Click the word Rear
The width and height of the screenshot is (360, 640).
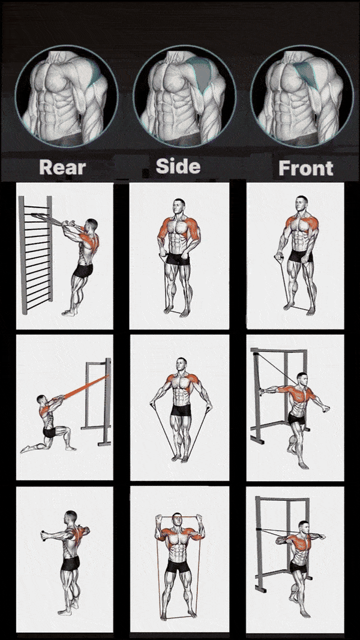pyautogui.click(x=62, y=168)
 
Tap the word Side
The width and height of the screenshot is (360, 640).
pyautogui.click(x=178, y=167)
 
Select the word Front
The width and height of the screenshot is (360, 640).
pyautogui.click(x=306, y=168)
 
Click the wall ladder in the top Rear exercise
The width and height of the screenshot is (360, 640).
pyautogui.click(x=36, y=255)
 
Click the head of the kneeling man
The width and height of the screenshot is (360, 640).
pyautogui.click(x=41, y=399)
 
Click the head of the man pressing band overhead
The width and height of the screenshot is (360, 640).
pyautogui.click(x=176, y=519)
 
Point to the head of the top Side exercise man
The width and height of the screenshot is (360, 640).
pyautogui.click(x=179, y=205)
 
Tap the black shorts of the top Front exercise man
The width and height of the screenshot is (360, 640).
pyautogui.click(x=301, y=256)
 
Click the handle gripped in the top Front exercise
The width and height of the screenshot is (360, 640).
pyautogui.click(x=280, y=257)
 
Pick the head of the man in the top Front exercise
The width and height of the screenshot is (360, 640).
pyautogui.click(x=302, y=202)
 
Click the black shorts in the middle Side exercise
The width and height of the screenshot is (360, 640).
pyautogui.click(x=181, y=410)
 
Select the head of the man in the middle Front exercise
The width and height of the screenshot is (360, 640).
pyautogui.click(x=302, y=378)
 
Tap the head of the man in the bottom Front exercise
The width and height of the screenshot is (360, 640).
pyautogui.click(x=303, y=527)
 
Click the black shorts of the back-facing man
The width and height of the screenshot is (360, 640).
pyautogui.click(x=70, y=563)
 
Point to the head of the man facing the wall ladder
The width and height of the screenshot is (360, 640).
pyautogui.click(x=92, y=225)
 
